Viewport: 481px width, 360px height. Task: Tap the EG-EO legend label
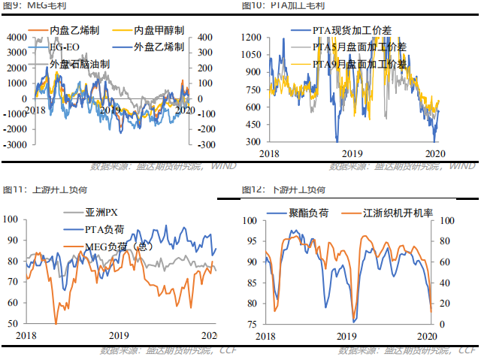pyautogui.click(x=62, y=47)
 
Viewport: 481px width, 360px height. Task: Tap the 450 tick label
pyautogui.click(x=256, y=124)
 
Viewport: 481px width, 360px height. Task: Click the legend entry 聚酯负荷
pyautogui.click(x=308, y=213)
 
